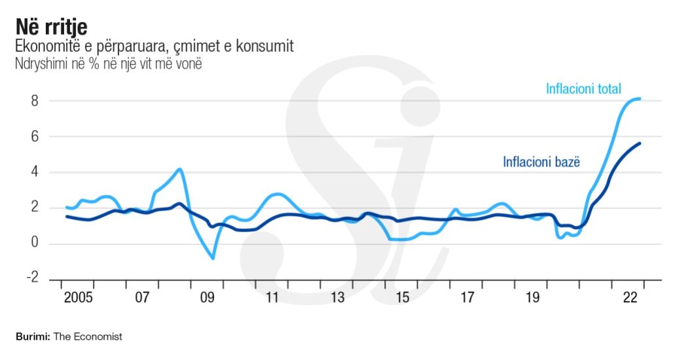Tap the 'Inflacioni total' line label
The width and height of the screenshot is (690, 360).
[583, 89]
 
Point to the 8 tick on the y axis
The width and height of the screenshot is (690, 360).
[35, 101]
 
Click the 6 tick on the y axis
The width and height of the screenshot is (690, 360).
[35, 137]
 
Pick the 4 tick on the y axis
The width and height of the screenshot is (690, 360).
[35, 173]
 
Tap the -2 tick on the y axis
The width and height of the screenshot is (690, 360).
[32, 279]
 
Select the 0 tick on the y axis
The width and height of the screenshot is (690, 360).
[35, 244]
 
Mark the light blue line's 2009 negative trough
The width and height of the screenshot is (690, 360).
[213, 259]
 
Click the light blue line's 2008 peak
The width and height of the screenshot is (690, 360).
[179, 169]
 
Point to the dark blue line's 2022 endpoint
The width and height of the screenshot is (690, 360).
[640, 143]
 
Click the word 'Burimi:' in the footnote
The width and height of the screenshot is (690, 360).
[30, 337]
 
